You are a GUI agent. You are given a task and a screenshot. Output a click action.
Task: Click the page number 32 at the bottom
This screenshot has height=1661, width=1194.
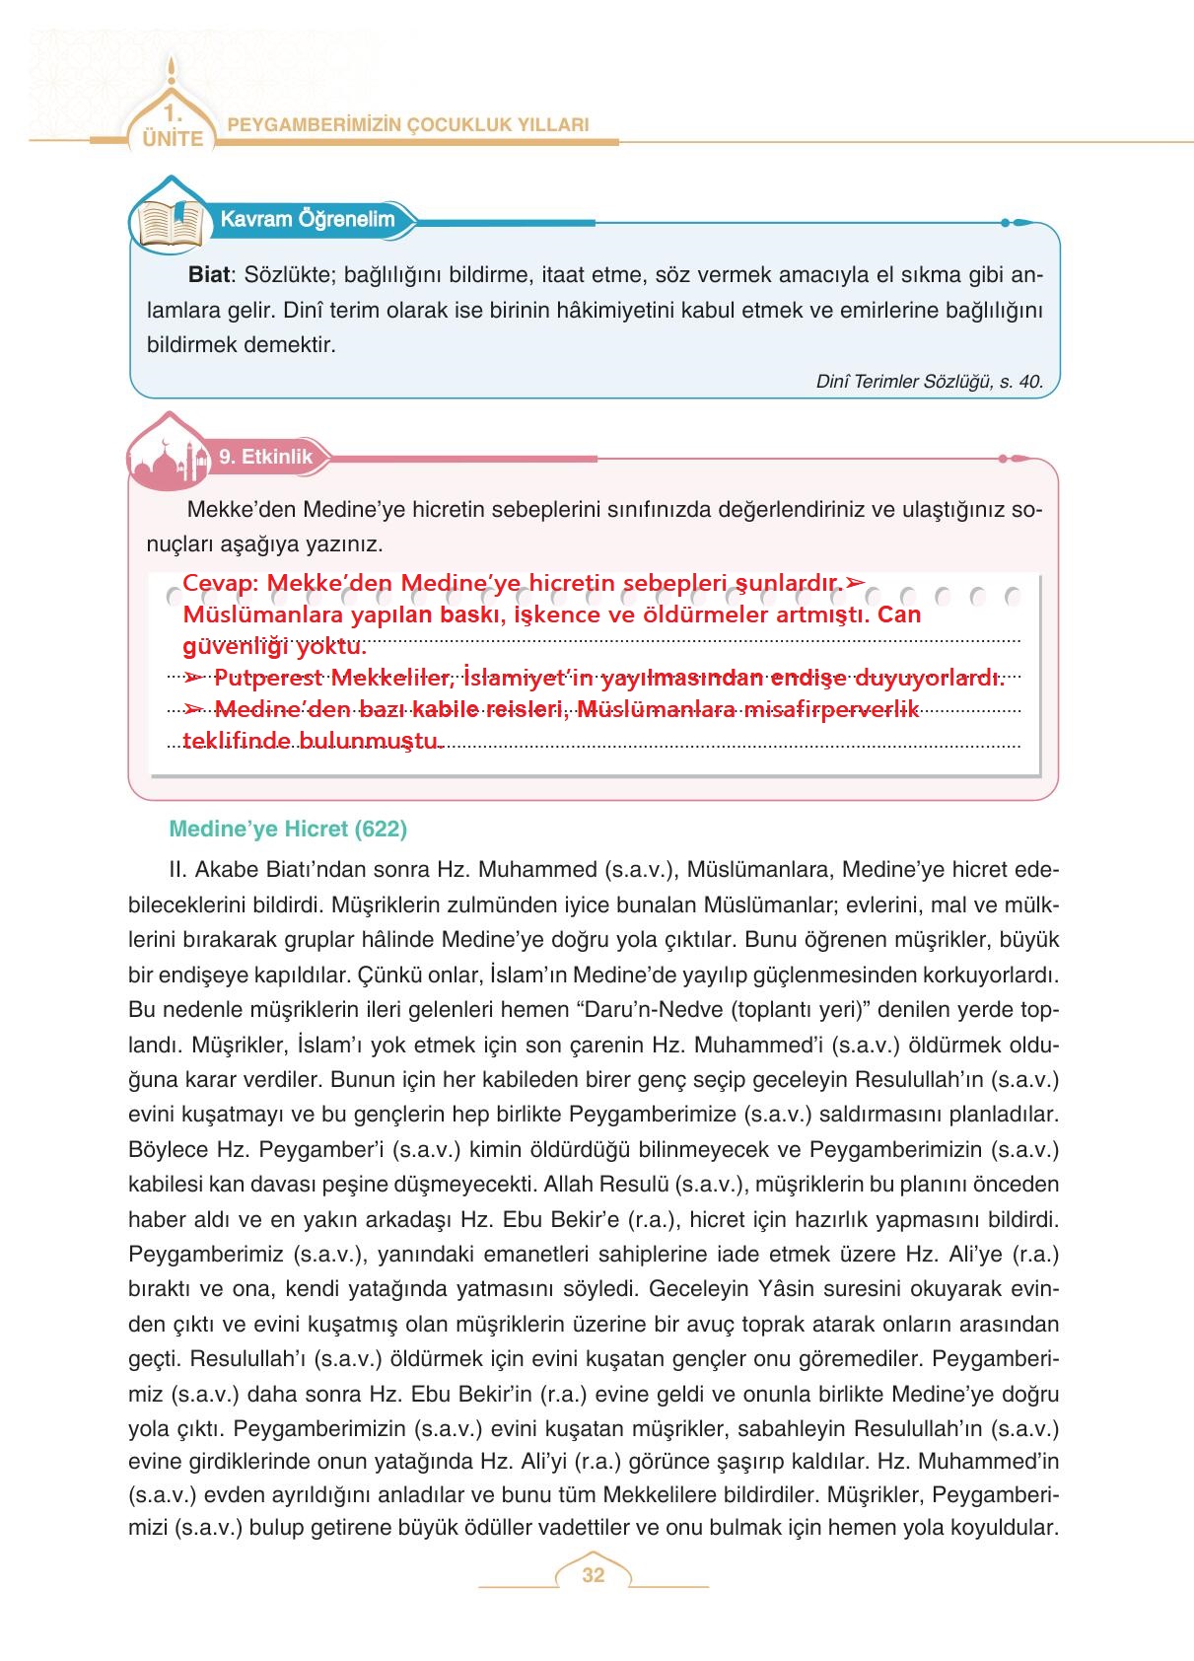(593, 1575)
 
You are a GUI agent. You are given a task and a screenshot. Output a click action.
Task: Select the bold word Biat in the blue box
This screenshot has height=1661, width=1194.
(208, 275)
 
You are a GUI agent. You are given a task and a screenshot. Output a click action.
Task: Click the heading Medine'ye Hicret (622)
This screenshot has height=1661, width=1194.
(288, 830)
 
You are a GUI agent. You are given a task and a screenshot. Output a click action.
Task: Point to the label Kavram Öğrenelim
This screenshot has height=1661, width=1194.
(307, 219)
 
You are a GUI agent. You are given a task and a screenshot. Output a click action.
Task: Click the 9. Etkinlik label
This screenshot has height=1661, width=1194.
(265, 457)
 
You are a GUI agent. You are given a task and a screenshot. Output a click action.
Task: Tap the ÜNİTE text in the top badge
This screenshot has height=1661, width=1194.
(173, 139)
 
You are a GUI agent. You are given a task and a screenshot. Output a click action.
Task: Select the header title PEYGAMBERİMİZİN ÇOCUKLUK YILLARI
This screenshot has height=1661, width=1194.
(408, 125)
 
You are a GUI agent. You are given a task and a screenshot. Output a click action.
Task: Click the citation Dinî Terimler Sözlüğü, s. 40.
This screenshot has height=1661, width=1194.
(929, 382)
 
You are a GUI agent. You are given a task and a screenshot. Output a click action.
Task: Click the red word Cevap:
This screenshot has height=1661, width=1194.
(220, 583)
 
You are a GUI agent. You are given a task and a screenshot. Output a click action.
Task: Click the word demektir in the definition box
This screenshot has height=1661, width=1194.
(292, 345)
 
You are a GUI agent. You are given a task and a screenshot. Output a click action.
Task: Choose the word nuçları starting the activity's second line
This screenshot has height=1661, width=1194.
(180, 544)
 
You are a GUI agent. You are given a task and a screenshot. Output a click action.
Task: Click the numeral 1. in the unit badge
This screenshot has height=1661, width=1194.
(173, 111)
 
